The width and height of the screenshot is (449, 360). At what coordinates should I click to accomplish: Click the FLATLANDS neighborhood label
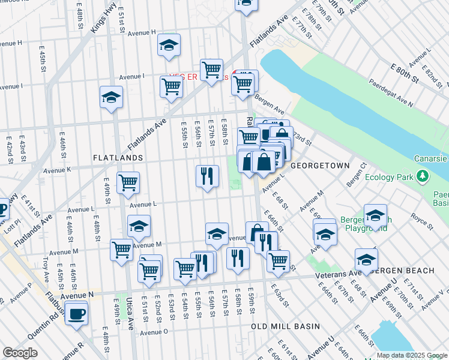(x=118, y=157)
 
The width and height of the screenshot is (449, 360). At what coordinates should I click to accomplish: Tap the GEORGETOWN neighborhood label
(x=316, y=164)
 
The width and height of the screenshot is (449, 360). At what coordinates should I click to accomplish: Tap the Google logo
(x=19, y=353)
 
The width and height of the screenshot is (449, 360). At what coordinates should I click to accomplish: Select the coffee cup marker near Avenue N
(x=76, y=313)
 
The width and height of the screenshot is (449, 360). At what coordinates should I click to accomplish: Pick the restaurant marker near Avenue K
(x=207, y=176)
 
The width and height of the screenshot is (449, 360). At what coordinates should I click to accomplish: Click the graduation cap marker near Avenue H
(x=169, y=44)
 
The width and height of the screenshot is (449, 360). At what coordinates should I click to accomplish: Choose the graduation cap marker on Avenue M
(x=139, y=226)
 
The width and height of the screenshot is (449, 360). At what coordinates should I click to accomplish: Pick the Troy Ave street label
(x=46, y=269)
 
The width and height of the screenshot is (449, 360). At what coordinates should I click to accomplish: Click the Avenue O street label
(x=154, y=332)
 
